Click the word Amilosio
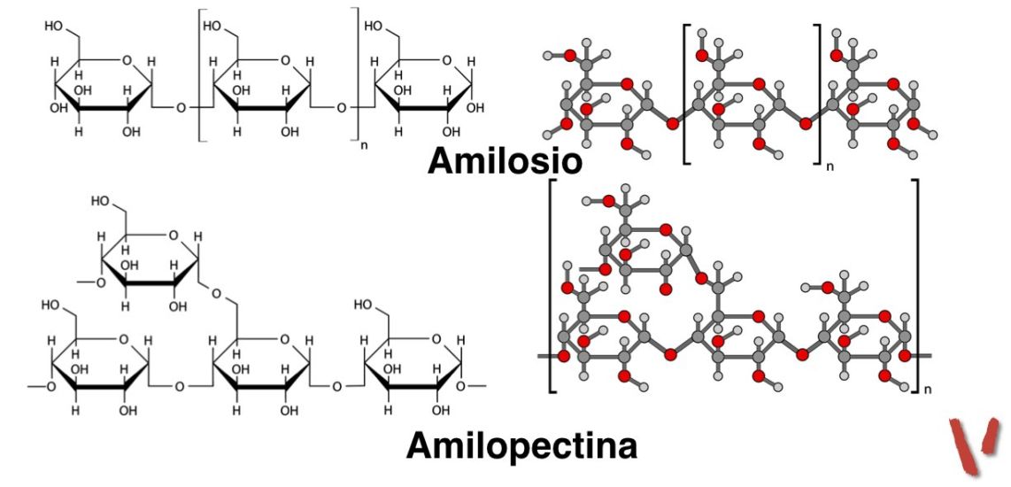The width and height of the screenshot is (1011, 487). pos(505,161)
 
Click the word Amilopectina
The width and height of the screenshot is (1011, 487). pos(521,445)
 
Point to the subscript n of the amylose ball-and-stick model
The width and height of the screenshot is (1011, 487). pos(829,165)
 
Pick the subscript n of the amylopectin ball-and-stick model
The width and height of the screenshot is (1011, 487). pos(926,388)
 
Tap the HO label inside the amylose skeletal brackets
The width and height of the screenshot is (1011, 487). pos(212,27)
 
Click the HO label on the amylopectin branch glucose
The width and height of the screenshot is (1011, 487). pos(99,202)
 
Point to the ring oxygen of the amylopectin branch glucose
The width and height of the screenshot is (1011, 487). pos(172,236)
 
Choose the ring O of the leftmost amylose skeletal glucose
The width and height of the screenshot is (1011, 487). pos(126,60)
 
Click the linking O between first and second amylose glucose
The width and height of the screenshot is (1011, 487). pos(181,108)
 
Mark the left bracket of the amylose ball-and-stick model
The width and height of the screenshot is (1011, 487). pos(687,93)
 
